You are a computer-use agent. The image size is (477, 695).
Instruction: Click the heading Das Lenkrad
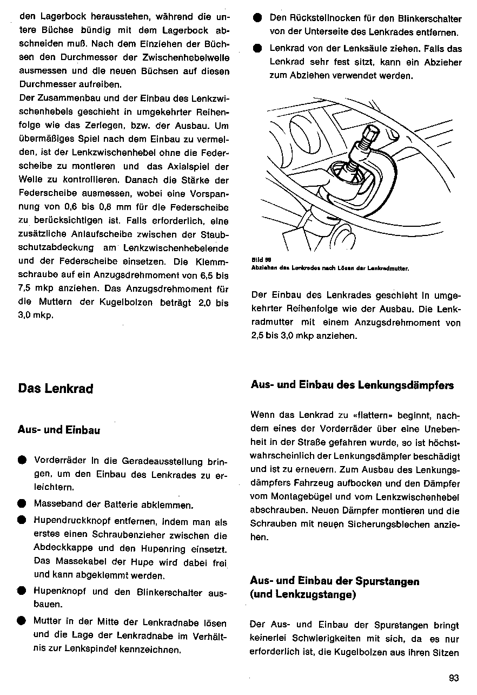click(56, 389)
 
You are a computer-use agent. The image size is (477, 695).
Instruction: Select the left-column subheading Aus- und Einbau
click(59, 431)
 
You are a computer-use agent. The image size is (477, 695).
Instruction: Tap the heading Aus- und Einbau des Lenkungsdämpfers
click(352, 385)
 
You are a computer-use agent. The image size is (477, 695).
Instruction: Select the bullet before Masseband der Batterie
click(22, 503)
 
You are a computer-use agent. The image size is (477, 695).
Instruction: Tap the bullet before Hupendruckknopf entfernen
click(22, 521)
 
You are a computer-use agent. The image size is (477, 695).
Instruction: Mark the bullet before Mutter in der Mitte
click(22, 621)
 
